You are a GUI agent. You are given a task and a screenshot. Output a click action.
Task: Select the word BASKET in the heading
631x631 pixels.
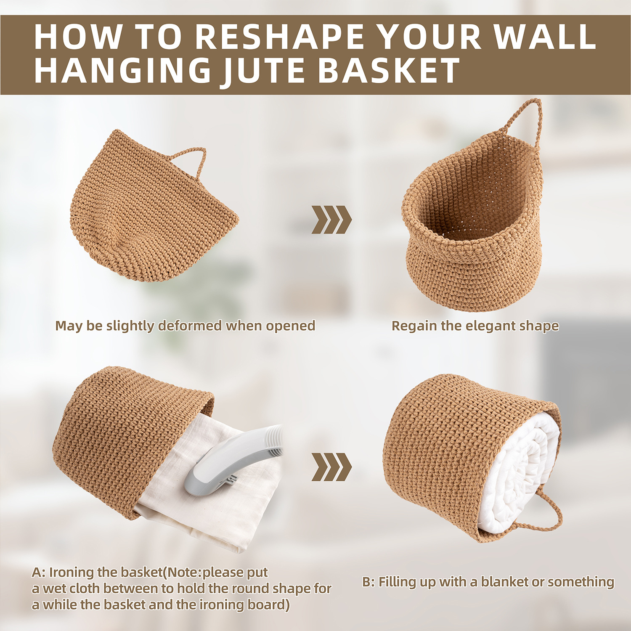pyautogui.click(x=388, y=70)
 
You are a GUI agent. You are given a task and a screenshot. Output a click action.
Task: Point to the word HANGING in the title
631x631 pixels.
pyautogui.click(x=122, y=70)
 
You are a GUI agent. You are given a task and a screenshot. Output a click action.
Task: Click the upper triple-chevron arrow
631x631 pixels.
pyautogui.click(x=331, y=220)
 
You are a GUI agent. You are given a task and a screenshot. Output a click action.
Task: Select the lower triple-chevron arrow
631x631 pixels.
pyautogui.click(x=331, y=467)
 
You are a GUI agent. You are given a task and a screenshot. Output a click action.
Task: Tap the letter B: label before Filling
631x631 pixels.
pyautogui.click(x=368, y=582)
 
